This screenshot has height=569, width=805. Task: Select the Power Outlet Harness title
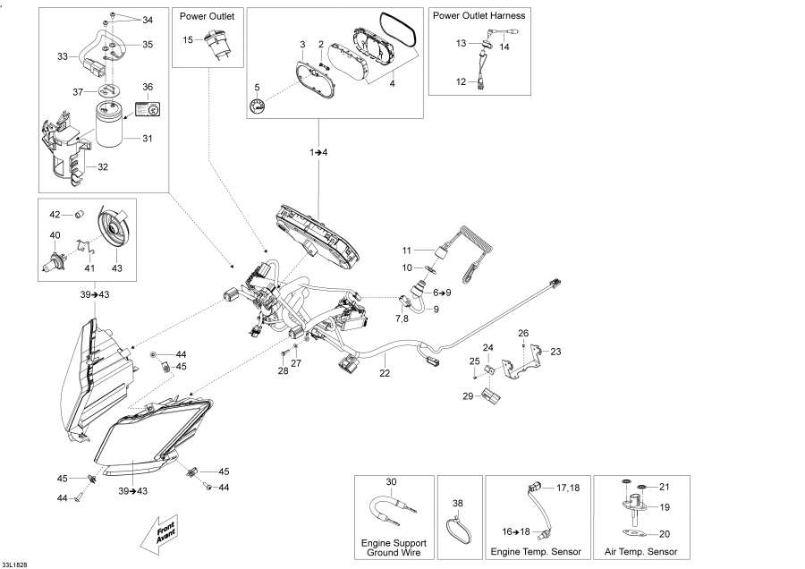tap(479, 16)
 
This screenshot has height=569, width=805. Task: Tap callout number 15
tap(188, 40)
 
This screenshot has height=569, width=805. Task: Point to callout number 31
tap(148, 138)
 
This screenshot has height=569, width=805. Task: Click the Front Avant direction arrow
tap(158, 535)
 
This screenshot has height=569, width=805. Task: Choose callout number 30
tap(391, 482)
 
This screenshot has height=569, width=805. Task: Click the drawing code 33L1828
tap(14, 564)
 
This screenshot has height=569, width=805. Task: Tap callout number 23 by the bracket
tap(555, 352)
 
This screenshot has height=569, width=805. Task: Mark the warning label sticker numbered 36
tap(148, 108)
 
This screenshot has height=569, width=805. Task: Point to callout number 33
tap(63, 55)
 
